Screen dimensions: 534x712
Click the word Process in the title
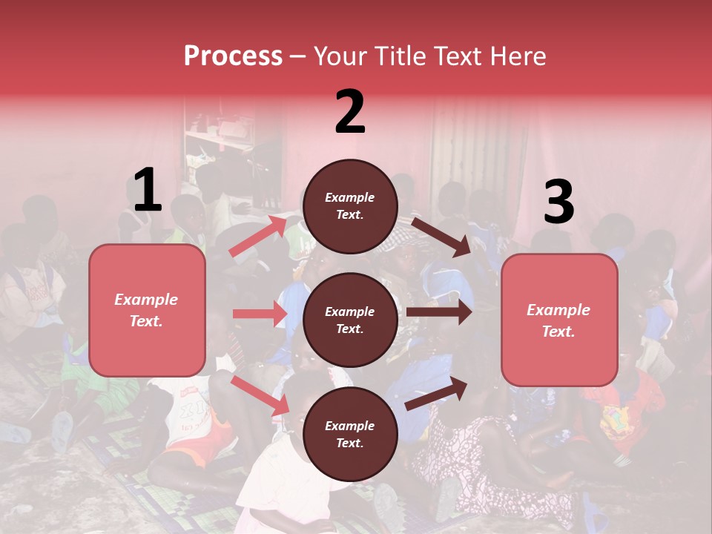233,56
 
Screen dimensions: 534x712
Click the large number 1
148,191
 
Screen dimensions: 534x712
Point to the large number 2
350,112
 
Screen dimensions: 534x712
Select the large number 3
558,202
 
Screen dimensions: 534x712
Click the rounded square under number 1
147,310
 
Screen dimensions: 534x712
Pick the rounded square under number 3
559,320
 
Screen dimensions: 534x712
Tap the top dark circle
350,206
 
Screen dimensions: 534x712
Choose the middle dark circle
350,320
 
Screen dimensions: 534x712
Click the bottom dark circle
350,434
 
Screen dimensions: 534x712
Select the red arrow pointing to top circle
259,236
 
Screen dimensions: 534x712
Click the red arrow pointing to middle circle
260,314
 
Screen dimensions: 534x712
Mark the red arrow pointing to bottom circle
260,395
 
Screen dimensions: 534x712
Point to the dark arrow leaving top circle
441,237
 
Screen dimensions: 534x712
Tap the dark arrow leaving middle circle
438,312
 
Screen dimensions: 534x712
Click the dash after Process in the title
298,57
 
